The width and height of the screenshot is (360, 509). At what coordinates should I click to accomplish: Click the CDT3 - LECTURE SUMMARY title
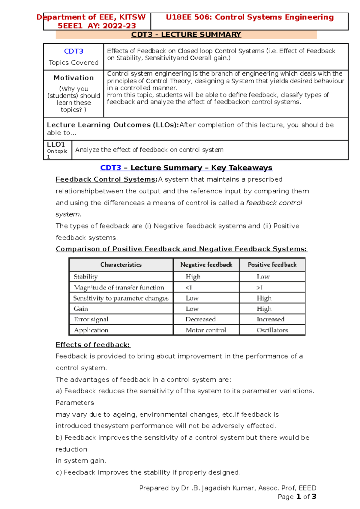(186, 35)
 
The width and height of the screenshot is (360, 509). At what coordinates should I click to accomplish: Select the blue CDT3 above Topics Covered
(73, 51)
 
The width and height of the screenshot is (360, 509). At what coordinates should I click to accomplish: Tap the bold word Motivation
(73, 78)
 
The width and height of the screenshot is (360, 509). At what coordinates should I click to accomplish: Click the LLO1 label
(56, 144)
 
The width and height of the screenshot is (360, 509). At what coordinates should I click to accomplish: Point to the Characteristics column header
(121, 265)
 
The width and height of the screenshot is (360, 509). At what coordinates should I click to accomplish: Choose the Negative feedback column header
(206, 265)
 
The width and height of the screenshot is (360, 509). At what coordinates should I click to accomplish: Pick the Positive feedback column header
(272, 265)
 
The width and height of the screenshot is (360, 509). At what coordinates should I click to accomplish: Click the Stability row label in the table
(86, 277)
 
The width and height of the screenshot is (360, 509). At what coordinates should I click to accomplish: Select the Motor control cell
(206, 330)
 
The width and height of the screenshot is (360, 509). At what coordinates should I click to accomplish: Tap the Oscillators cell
(272, 330)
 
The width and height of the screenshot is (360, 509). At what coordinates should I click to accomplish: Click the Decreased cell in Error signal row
(200, 319)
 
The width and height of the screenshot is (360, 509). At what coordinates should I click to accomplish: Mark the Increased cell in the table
(270, 319)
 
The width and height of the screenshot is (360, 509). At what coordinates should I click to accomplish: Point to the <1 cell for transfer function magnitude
(189, 287)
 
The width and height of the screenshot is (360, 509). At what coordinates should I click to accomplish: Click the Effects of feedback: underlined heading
(93, 345)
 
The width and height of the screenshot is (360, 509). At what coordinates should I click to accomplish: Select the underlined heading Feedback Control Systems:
(106, 179)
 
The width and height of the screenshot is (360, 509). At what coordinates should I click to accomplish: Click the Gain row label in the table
(81, 309)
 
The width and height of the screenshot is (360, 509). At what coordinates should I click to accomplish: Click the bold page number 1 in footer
(298, 497)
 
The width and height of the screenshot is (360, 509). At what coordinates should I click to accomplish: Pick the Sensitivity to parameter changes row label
(121, 298)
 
